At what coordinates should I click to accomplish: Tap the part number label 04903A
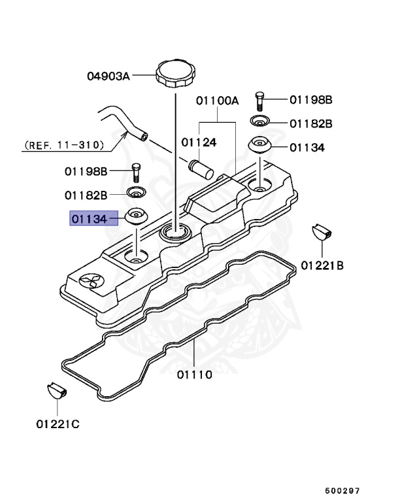(108, 76)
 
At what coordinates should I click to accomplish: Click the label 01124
(199, 141)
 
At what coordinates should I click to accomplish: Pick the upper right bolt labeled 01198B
(260, 100)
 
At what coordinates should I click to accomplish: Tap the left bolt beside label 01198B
(136, 172)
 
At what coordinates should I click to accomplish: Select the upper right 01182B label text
(311, 123)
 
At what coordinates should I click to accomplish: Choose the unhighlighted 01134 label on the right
(307, 147)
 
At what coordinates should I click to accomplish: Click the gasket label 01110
(195, 375)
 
